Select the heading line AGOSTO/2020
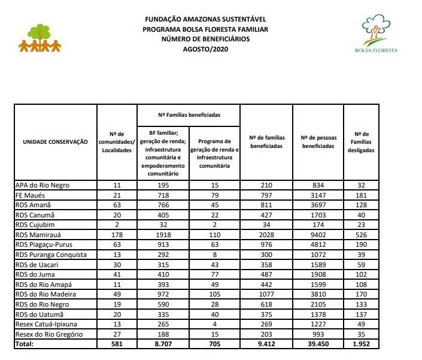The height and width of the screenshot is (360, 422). pyautogui.click(x=205, y=49)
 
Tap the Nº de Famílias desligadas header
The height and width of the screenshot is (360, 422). pyautogui.click(x=361, y=142)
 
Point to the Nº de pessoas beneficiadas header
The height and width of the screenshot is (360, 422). pyautogui.click(x=318, y=142)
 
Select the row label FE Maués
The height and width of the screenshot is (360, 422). pyautogui.click(x=31, y=195)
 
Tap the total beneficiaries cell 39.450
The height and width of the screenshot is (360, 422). pyautogui.click(x=318, y=344)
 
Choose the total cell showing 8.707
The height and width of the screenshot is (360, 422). pyautogui.click(x=163, y=344)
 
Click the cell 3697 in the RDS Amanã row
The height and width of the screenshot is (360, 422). pyautogui.click(x=318, y=205)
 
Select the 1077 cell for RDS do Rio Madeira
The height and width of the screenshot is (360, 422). pyautogui.click(x=266, y=294)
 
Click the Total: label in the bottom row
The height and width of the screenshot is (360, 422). pyautogui.click(x=25, y=344)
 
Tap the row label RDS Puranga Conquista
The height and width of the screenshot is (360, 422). pyautogui.click(x=51, y=255)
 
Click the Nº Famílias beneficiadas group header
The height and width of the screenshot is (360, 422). pyautogui.click(x=189, y=113)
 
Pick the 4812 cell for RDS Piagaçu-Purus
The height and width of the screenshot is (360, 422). pyautogui.click(x=318, y=245)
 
